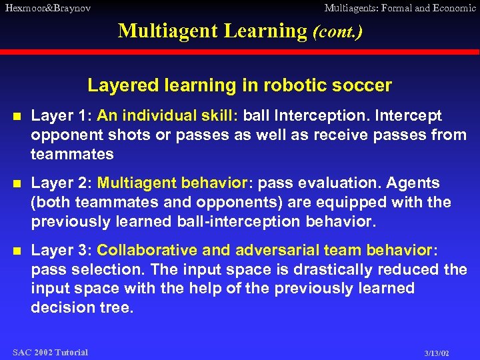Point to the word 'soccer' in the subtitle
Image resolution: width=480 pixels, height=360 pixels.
(x=369, y=86)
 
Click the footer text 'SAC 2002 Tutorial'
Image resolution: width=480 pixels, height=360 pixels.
(x=51, y=352)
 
